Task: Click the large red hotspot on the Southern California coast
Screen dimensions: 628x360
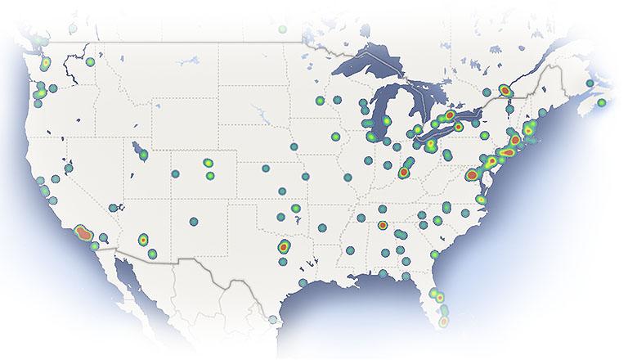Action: [x=83, y=234]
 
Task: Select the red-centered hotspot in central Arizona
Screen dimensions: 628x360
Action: [x=143, y=240]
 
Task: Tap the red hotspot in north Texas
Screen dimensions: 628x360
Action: [x=283, y=245]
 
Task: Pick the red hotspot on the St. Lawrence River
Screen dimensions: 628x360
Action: [x=506, y=90]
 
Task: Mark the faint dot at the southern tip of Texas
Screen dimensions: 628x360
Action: [x=273, y=320]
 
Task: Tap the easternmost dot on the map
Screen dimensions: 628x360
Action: [x=602, y=103]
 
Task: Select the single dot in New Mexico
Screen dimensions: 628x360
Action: [x=194, y=221]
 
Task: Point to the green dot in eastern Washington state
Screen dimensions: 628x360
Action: [x=90, y=61]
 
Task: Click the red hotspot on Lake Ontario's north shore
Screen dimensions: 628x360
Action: [x=449, y=115]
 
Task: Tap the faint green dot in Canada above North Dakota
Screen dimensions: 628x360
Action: [x=283, y=29]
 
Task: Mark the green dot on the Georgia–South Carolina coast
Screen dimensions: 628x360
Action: [x=435, y=254]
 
